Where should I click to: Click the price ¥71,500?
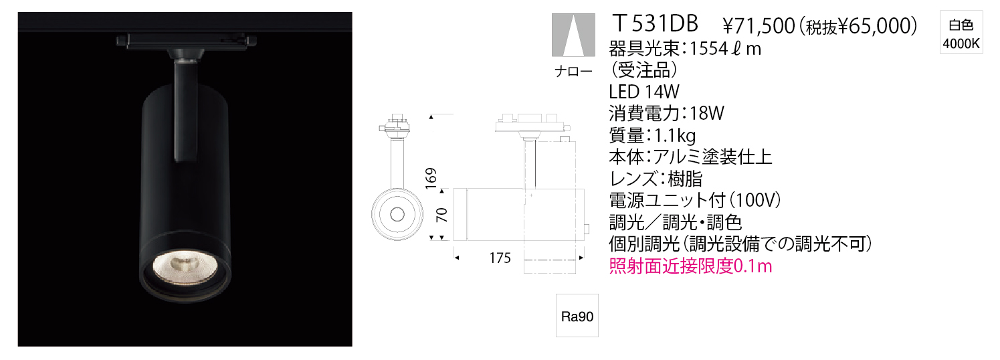(759, 26)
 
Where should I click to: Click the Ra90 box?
(577, 316)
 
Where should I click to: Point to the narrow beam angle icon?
(574, 35)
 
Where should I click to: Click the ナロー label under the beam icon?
(573, 72)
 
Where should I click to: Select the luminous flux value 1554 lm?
(726, 49)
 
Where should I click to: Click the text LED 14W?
(643, 92)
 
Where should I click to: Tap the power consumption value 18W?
(707, 114)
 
